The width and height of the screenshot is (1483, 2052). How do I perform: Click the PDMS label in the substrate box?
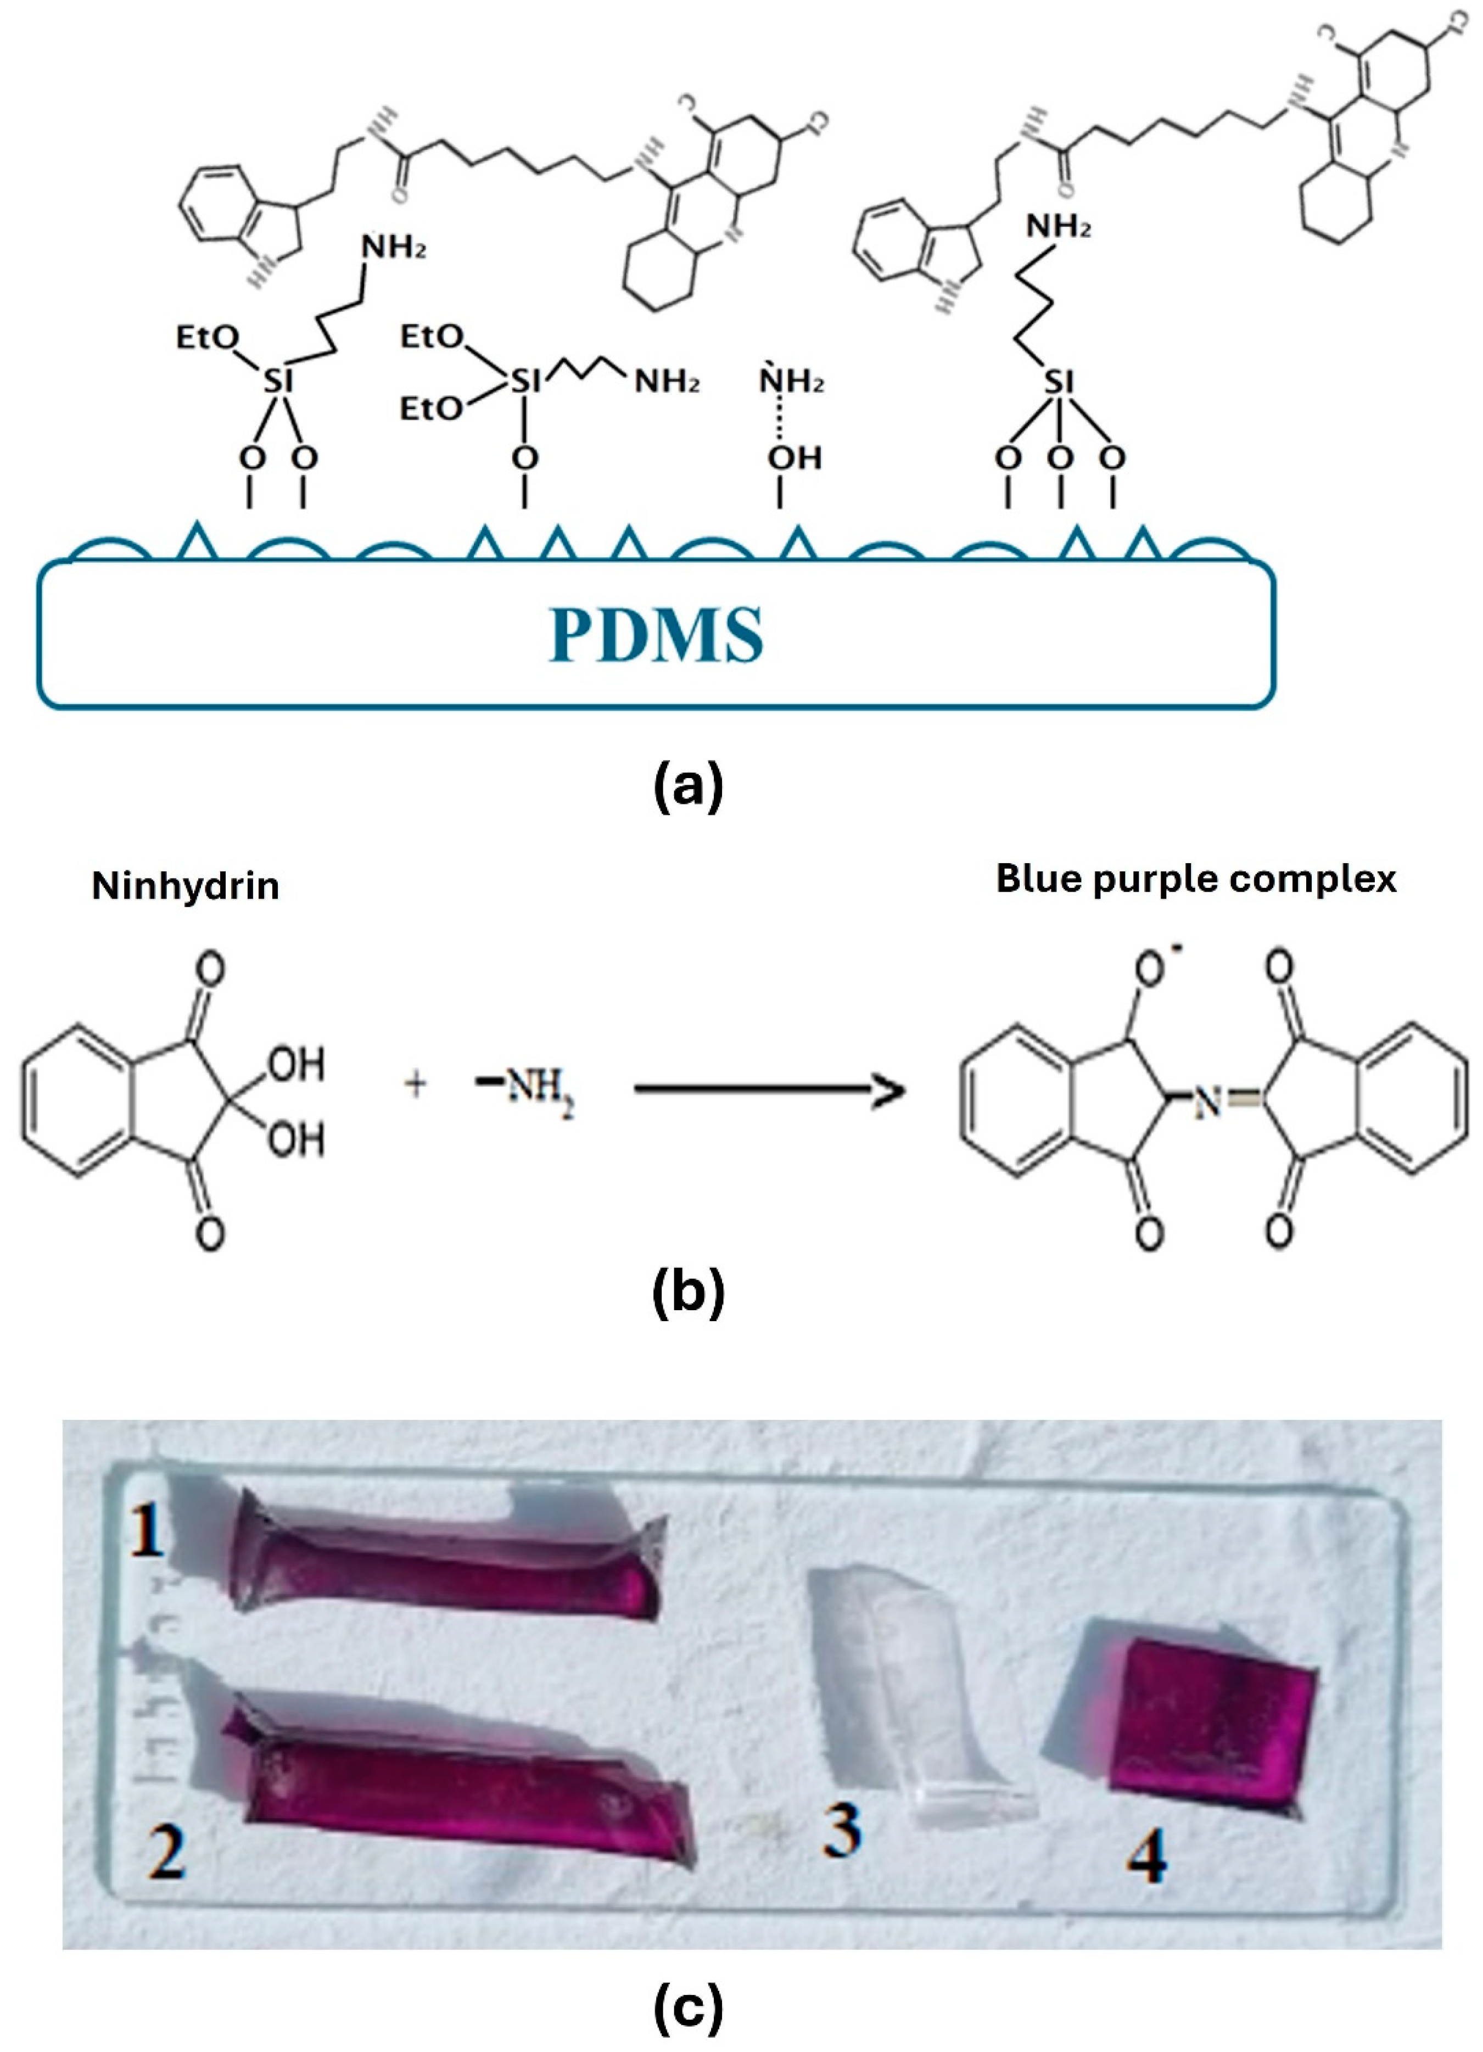656,635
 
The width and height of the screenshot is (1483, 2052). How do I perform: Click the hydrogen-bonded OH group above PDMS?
794,459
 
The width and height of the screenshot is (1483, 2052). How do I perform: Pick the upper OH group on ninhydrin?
297,1064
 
